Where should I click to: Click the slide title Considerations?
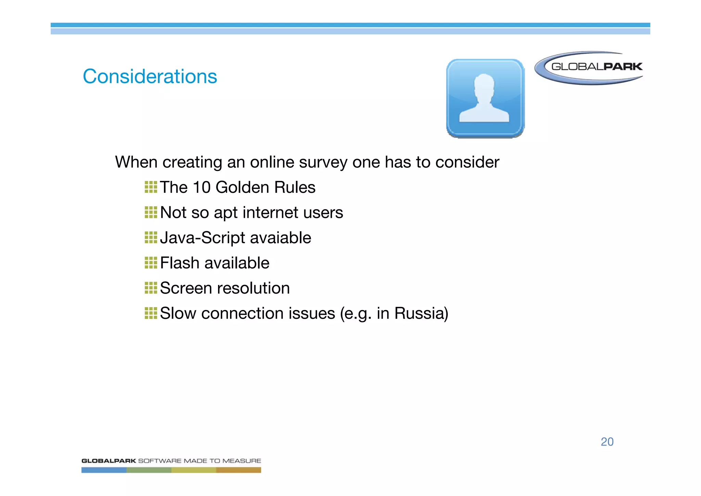[x=150, y=76]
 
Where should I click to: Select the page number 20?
[x=607, y=442]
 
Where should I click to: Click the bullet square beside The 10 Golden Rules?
[x=151, y=187]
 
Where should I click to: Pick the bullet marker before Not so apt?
[x=151, y=212]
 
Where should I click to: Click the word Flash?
[x=180, y=263]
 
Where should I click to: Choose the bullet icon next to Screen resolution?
[x=151, y=288]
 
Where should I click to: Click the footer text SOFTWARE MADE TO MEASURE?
[x=199, y=461]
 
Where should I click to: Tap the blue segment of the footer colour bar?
[x=104, y=470]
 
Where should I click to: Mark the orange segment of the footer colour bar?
[x=239, y=470]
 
